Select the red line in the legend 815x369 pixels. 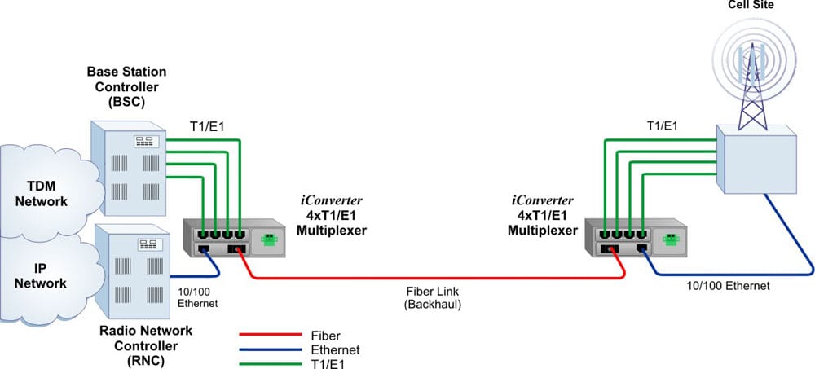click(x=271, y=335)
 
